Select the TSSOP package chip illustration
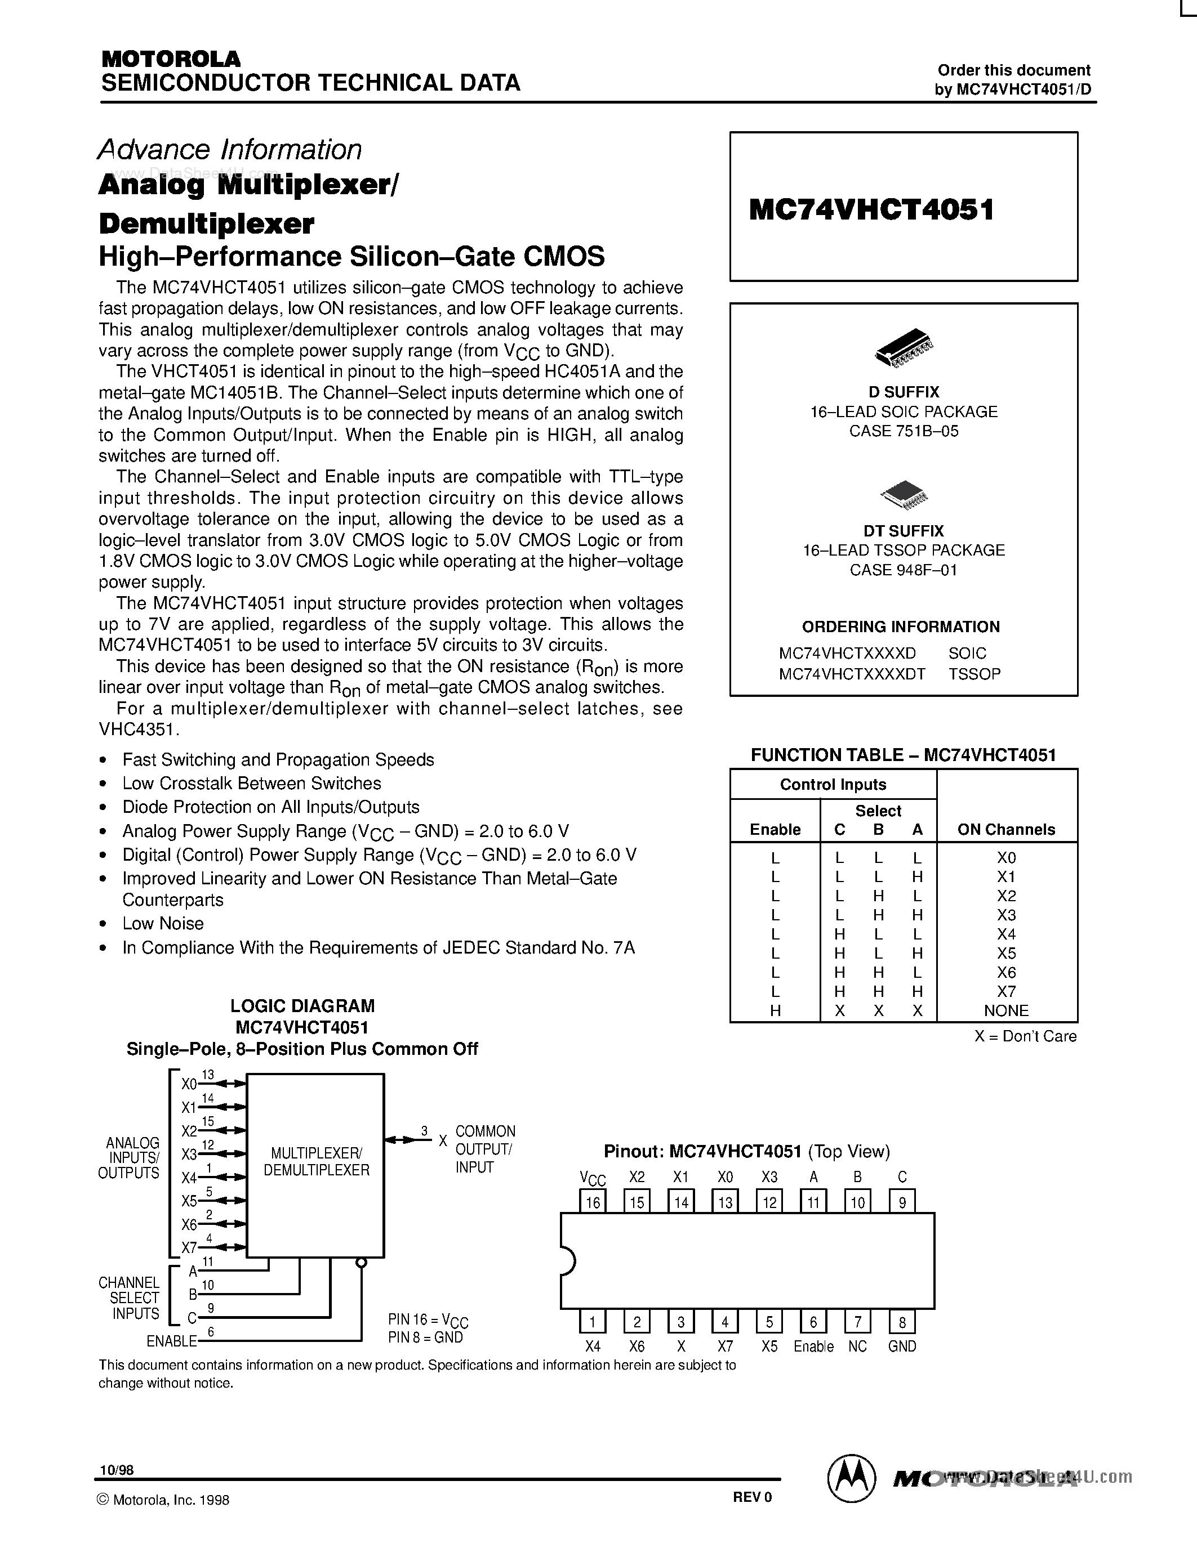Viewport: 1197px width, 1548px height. (904, 495)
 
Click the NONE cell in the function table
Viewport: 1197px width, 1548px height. (1006, 1011)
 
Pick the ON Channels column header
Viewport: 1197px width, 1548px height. (1006, 829)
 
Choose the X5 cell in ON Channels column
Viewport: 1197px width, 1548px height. (1006, 954)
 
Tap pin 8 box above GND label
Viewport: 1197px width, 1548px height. (902, 1321)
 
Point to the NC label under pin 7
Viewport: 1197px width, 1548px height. (857, 1346)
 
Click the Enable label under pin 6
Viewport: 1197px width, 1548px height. (813, 1346)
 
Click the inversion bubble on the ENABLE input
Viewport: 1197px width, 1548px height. (361, 1263)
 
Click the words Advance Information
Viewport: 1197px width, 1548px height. (230, 150)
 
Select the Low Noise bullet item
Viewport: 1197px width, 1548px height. (163, 924)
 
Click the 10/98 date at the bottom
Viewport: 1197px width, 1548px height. (116, 1470)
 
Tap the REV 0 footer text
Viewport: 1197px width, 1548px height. (751, 1498)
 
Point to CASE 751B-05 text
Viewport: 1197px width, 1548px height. (904, 431)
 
